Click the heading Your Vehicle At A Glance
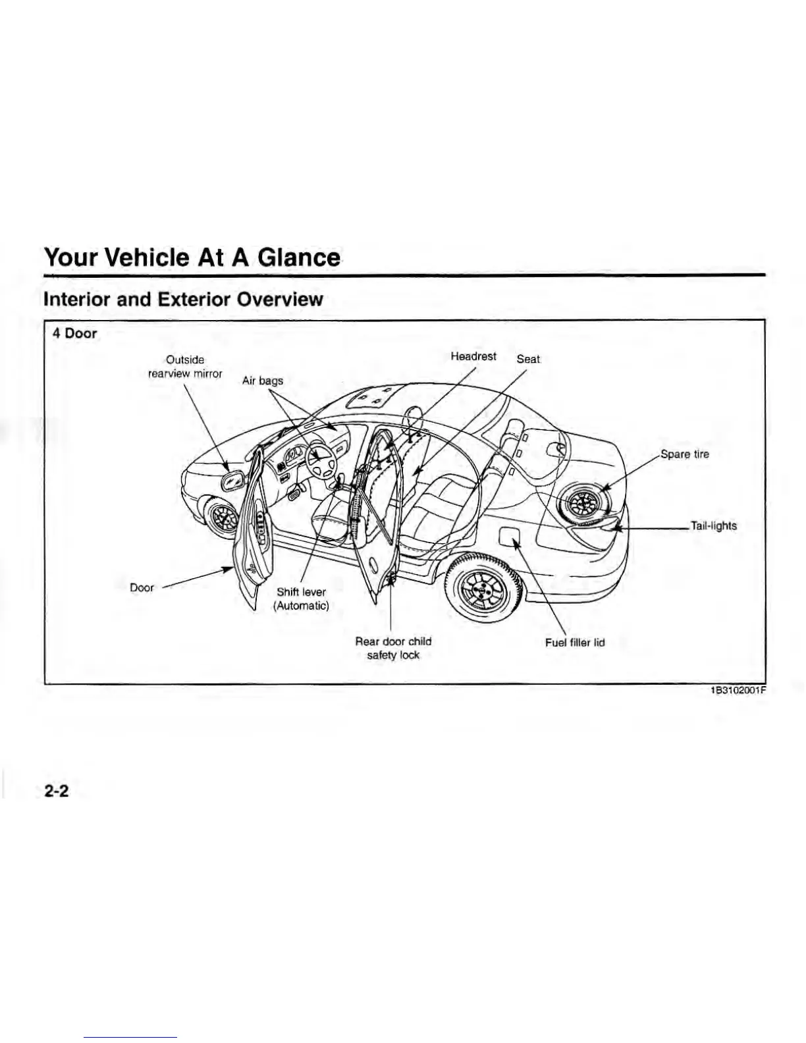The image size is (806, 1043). click(x=192, y=257)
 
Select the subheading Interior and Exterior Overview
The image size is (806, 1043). click(x=182, y=300)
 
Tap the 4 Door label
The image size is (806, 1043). click(x=74, y=333)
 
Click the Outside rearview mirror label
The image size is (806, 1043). click(x=184, y=367)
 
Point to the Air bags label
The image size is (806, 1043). click(x=262, y=381)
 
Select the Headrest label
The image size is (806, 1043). click(x=473, y=356)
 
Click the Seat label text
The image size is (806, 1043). click(x=528, y=360)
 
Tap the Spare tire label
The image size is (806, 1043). click(x=685, y=454)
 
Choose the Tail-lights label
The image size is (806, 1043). click(x=713, y=526)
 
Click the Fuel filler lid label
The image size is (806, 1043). click(x=574, y=643)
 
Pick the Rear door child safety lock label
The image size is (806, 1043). click(x=393, y=648)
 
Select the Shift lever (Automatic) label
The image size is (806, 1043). click(x=301, y=599)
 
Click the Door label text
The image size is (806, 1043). click(x=142, y=587)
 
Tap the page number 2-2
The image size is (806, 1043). click(x=57, y=791)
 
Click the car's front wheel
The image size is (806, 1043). click(x=224, y=516)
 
